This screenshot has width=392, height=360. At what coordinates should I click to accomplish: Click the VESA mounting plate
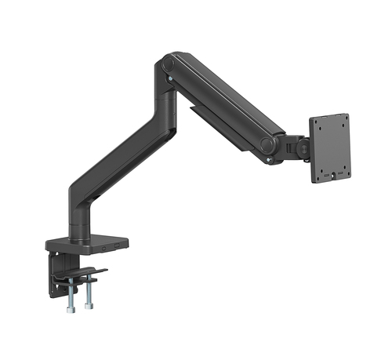pyautogui.click(x=329, y=149)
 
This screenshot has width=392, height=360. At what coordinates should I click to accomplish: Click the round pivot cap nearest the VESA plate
pyautogui.click(x=268, y=144)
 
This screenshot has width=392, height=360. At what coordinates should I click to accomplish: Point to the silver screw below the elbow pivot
pyautogui.click(x=166, y=79)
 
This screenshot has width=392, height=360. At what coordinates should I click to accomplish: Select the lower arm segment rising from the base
pyautogui.click(x=125, y=157)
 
